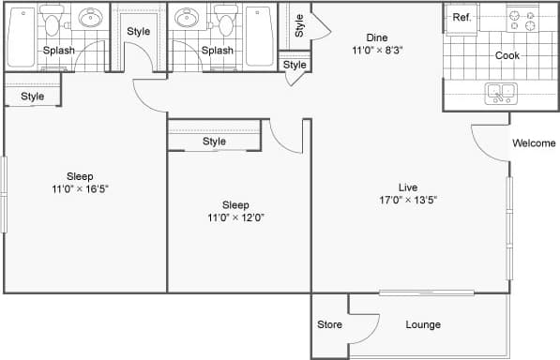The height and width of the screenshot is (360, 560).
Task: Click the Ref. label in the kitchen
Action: [x=462, y=18]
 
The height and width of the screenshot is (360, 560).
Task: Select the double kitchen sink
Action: [x=499, y=93]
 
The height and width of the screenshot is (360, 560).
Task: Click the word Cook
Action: [x=507, y=55]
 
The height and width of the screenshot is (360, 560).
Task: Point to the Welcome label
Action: [x=534, y=143]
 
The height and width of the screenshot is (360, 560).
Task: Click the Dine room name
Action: [x=363, y=38]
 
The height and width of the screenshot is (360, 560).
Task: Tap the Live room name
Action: [x=407, y=187]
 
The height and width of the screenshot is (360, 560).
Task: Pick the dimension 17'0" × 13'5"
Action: [x=407, y=199]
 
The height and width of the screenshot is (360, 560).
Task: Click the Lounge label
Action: [x=423, y=325]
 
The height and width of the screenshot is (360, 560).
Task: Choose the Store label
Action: [x=329, y=325]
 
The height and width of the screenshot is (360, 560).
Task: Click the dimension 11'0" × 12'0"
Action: [x=235, y=217]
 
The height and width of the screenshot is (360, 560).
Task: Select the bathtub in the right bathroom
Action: [x=259, y=36]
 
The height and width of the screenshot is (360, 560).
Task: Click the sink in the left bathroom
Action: [x=91, y=18]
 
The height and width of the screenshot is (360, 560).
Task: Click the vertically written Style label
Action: [x=298, y=26]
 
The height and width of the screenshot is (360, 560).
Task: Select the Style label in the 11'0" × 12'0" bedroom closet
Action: [x=214, y=142]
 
